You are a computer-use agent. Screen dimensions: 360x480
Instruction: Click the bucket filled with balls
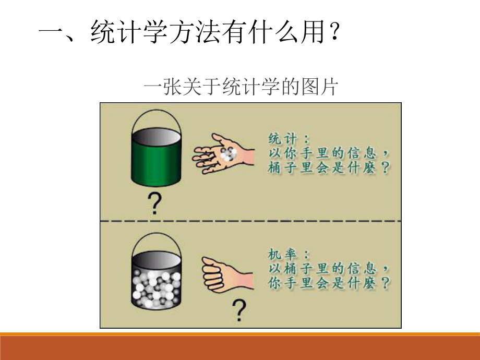[x=157, y=282]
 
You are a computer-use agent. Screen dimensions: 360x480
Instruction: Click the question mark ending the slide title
[x=337, y=34]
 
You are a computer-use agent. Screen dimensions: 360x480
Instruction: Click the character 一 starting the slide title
[x=51, y=34]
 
